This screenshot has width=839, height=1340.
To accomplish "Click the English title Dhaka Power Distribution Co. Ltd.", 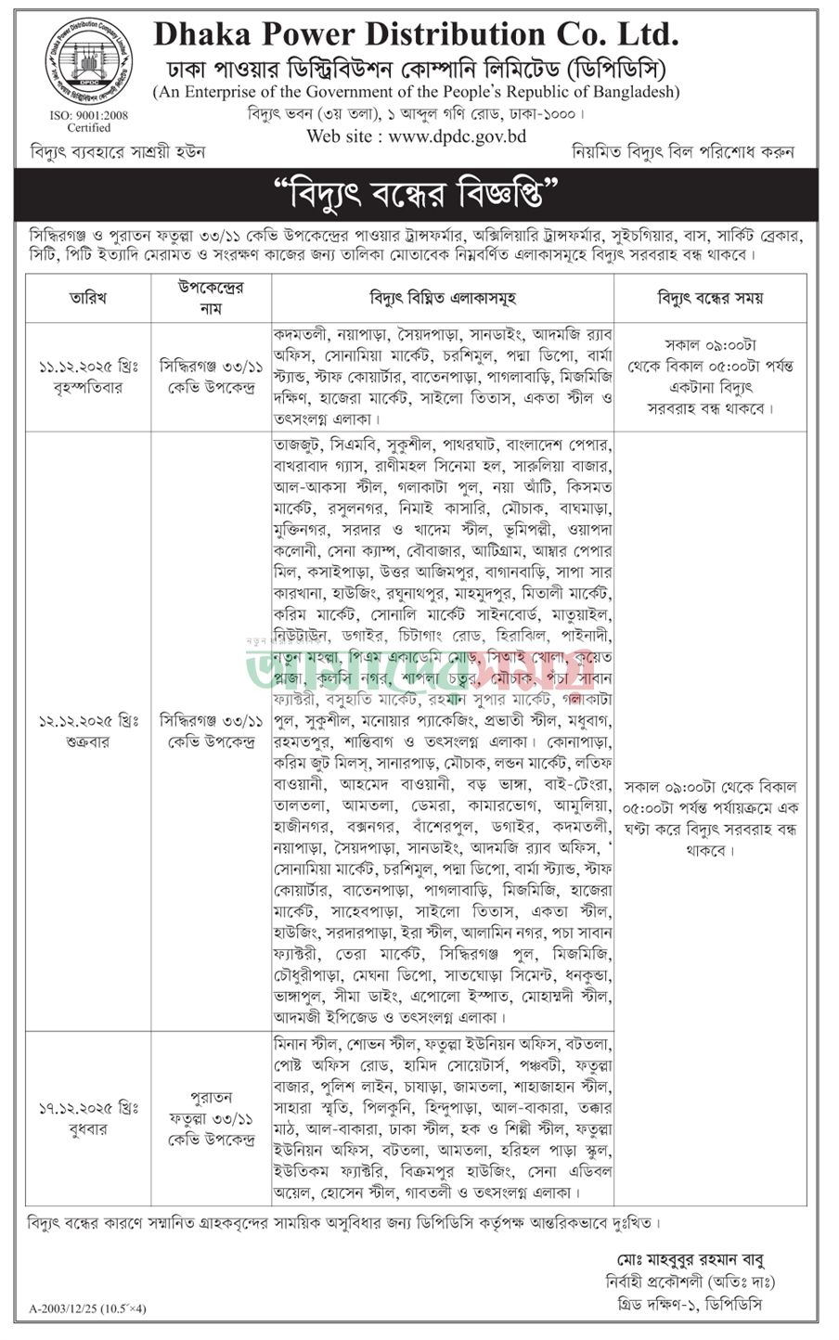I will pyautogui.click(x=416, y=35).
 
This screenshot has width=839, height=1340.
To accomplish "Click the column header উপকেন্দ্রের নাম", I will pyautogui.click(x=211, y=298).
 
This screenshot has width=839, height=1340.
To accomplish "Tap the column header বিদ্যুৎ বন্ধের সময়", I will pyautogui.click(x=710, y=298).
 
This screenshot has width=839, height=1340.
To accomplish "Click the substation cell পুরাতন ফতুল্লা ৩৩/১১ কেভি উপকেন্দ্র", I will pyautogui.click(x=211, y=1118).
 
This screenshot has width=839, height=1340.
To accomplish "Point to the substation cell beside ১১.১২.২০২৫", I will pyautogui.click(x=211, y=377).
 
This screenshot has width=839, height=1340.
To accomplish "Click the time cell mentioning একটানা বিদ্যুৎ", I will pyautogui.click(x=710, y=376).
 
